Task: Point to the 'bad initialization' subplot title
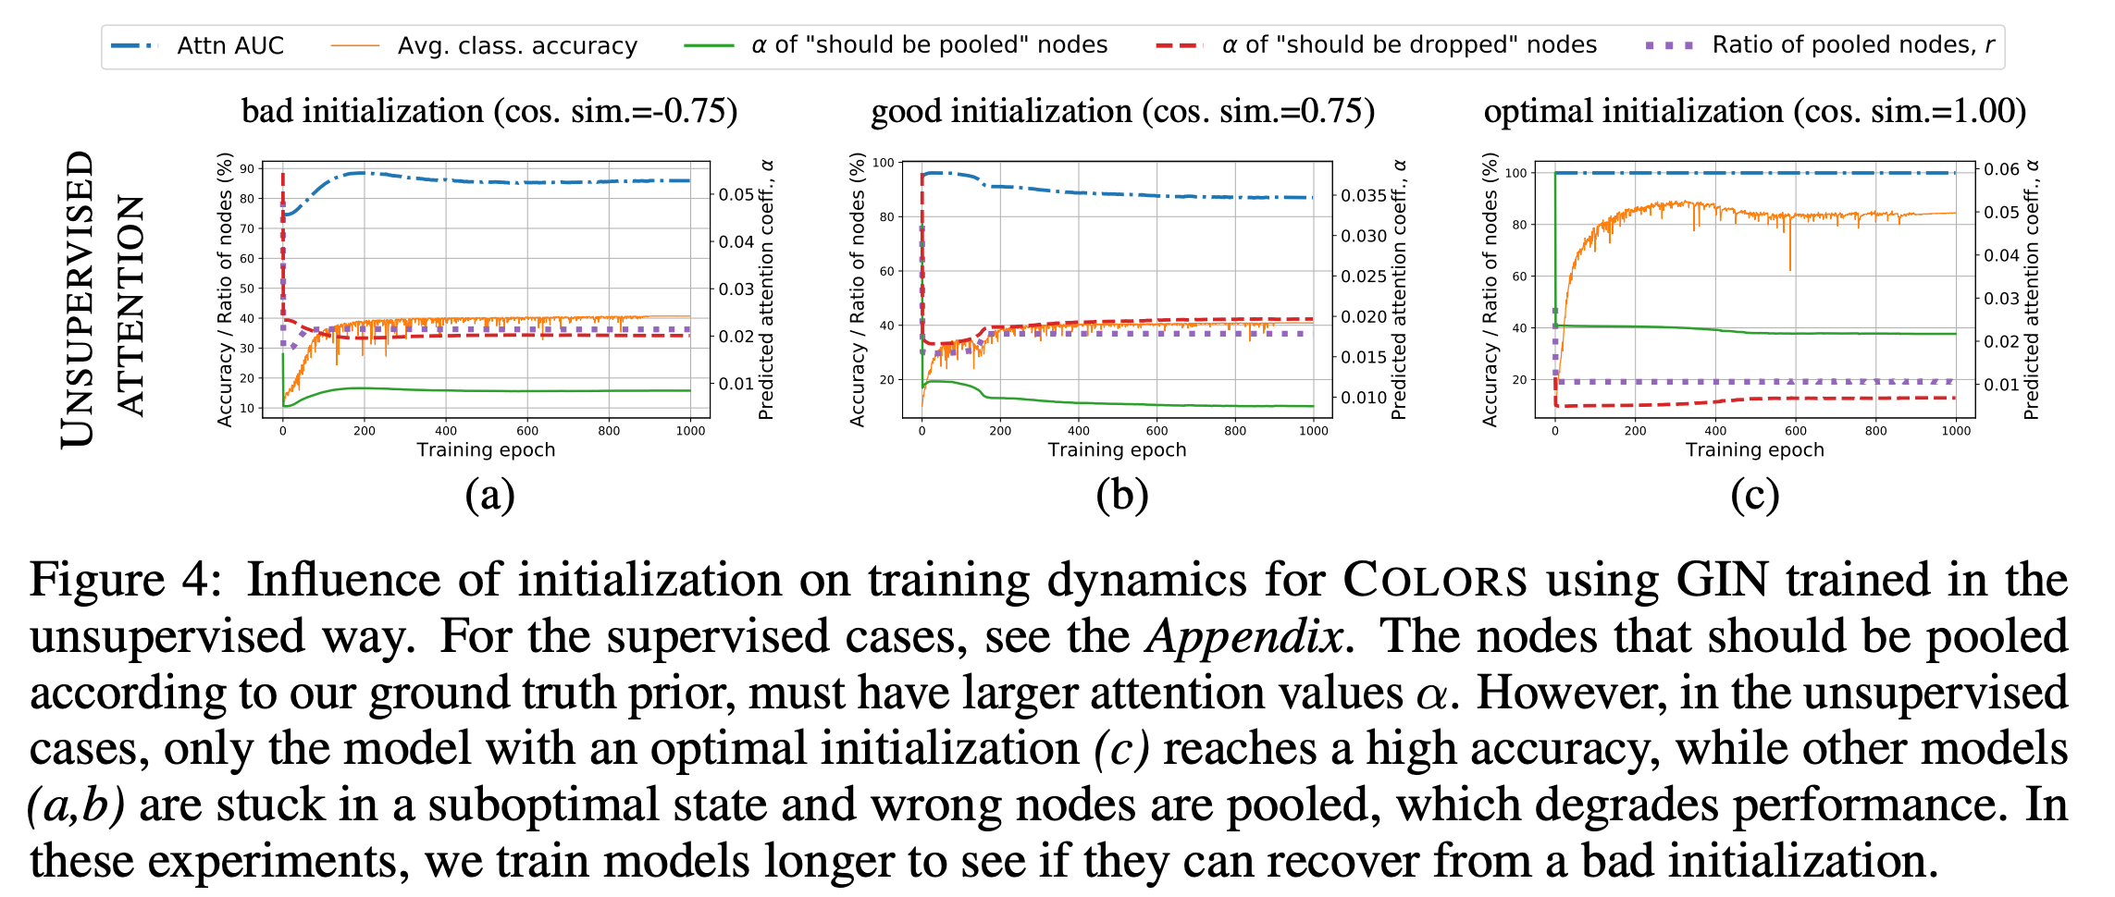[x=489, y=111]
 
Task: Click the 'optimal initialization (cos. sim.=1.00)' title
[x=1754, y=111]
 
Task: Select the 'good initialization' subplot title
[x=1122, y=111]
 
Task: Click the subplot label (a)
[x=489, y=495]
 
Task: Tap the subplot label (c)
[x=1754, y=495]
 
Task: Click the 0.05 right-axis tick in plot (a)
[x=736, y=194]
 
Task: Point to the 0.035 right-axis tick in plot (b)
[x=1364, y=195]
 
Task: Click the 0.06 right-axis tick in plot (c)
[x=2001, y=169]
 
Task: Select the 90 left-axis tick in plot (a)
[x=247, y=169]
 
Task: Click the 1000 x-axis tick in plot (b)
[x=1313, y=431]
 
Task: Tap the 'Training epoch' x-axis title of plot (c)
[x=1754, y=450]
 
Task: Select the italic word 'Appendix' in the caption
[x=1244, y=637]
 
